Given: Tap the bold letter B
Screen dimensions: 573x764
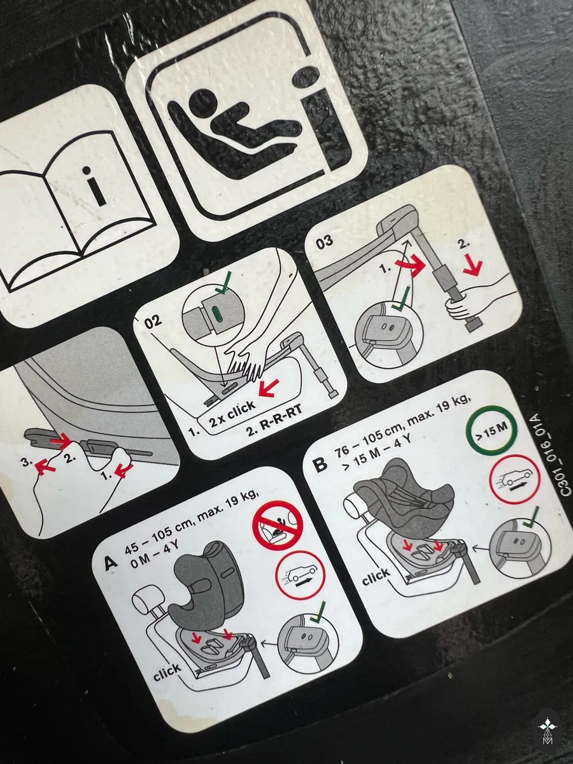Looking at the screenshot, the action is pos(320,464).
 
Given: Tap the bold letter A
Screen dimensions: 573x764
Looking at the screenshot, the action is pos(111,562).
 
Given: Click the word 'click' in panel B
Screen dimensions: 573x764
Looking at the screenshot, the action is pos(376,576).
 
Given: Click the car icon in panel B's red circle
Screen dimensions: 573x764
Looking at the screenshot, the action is pos(516,479).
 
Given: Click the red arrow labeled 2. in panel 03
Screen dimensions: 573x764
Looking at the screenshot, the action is pos(472,267).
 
